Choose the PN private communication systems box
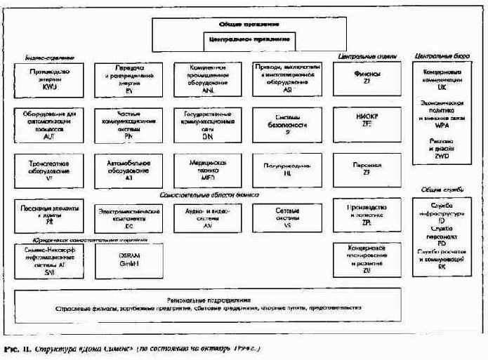click(128, 124)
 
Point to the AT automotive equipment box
click(128, 169)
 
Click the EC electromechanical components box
click(128, 213)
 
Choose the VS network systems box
click(288, 213)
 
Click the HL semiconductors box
click(288, 169)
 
